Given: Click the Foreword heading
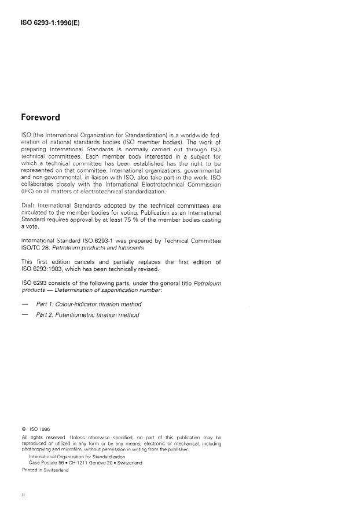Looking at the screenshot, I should pyautogui.click(x=40, y=117).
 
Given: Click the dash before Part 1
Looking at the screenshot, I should pyautogui.click(x=24, y=303).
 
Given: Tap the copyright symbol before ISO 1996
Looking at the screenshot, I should pyautogui.click(x=24, y=429).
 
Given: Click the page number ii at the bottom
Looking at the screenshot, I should pyautogui.click(x=23, y=496).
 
